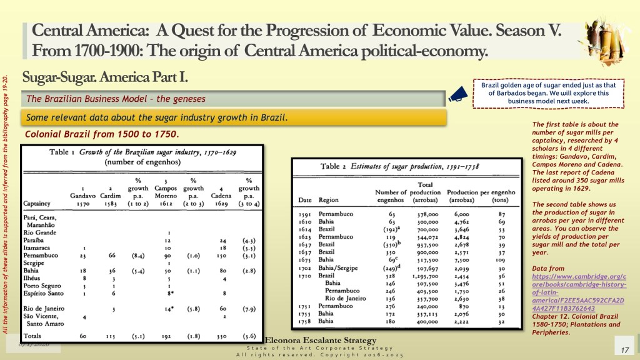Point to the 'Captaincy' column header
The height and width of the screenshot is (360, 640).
click(x=38, y=203)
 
